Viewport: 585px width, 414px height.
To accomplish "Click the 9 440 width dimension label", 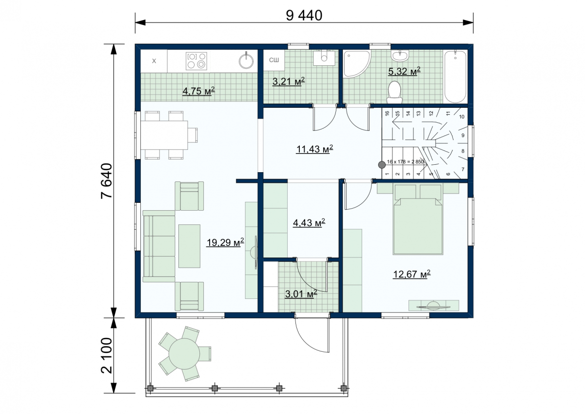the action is coord(304,16).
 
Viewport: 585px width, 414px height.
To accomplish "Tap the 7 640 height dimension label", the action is coord(107,181).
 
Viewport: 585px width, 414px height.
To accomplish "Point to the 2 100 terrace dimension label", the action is coord(107,355).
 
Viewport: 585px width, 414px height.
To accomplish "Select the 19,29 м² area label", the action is coord(225,242).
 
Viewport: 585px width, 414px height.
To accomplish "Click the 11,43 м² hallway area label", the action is coord(314,149).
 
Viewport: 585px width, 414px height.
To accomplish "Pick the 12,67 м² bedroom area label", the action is coord(411,274).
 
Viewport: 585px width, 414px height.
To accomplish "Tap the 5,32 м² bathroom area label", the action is coord(404,71).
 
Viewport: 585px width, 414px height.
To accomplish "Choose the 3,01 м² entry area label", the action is coord(301,294).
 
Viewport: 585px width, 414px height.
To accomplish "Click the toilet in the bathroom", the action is coord(394,93).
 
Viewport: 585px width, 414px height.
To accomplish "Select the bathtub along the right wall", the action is coord(455,77).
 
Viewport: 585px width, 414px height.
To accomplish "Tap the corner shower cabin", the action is coord(357,64).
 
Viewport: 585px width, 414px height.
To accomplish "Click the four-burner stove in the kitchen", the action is coord(196,61).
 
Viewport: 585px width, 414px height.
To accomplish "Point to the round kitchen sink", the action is coord(246,61).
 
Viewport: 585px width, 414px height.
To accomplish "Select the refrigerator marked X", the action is coord(154,61).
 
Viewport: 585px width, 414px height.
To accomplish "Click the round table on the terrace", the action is coord(184,354).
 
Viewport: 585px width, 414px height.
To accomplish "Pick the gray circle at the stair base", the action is coord(382,164).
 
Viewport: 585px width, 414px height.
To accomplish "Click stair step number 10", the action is coord(462,117).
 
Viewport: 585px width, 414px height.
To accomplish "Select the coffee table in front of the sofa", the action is coord(189,246).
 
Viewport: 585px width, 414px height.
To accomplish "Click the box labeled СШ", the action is coord(274,60).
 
